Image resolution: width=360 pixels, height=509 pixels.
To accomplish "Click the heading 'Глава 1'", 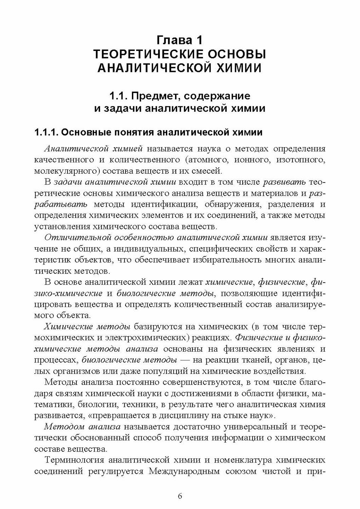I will click(x=180, y=40).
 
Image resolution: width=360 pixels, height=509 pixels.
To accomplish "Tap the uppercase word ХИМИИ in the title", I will click(x=239, y=68).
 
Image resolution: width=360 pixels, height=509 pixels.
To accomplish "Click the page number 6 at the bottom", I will click(x=180, y=496).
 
